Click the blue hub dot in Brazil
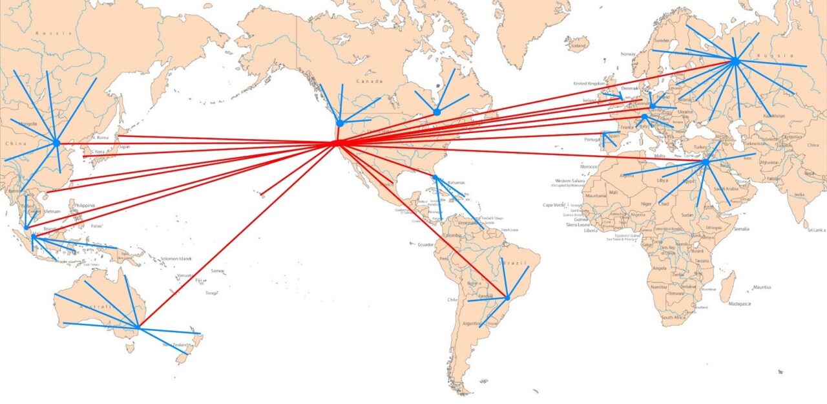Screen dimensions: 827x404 (507, 298)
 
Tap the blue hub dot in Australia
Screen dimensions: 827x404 (138, 328)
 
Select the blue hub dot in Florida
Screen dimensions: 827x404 (435, 178)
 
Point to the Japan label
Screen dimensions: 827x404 (125, 147)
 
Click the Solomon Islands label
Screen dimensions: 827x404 (176, 259)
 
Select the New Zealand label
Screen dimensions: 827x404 (176, 345)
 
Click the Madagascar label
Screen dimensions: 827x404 (741, 303)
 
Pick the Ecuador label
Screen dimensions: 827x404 (426, 244)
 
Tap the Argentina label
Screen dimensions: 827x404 (471, 322)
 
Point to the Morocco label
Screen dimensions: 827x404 (588, 166)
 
